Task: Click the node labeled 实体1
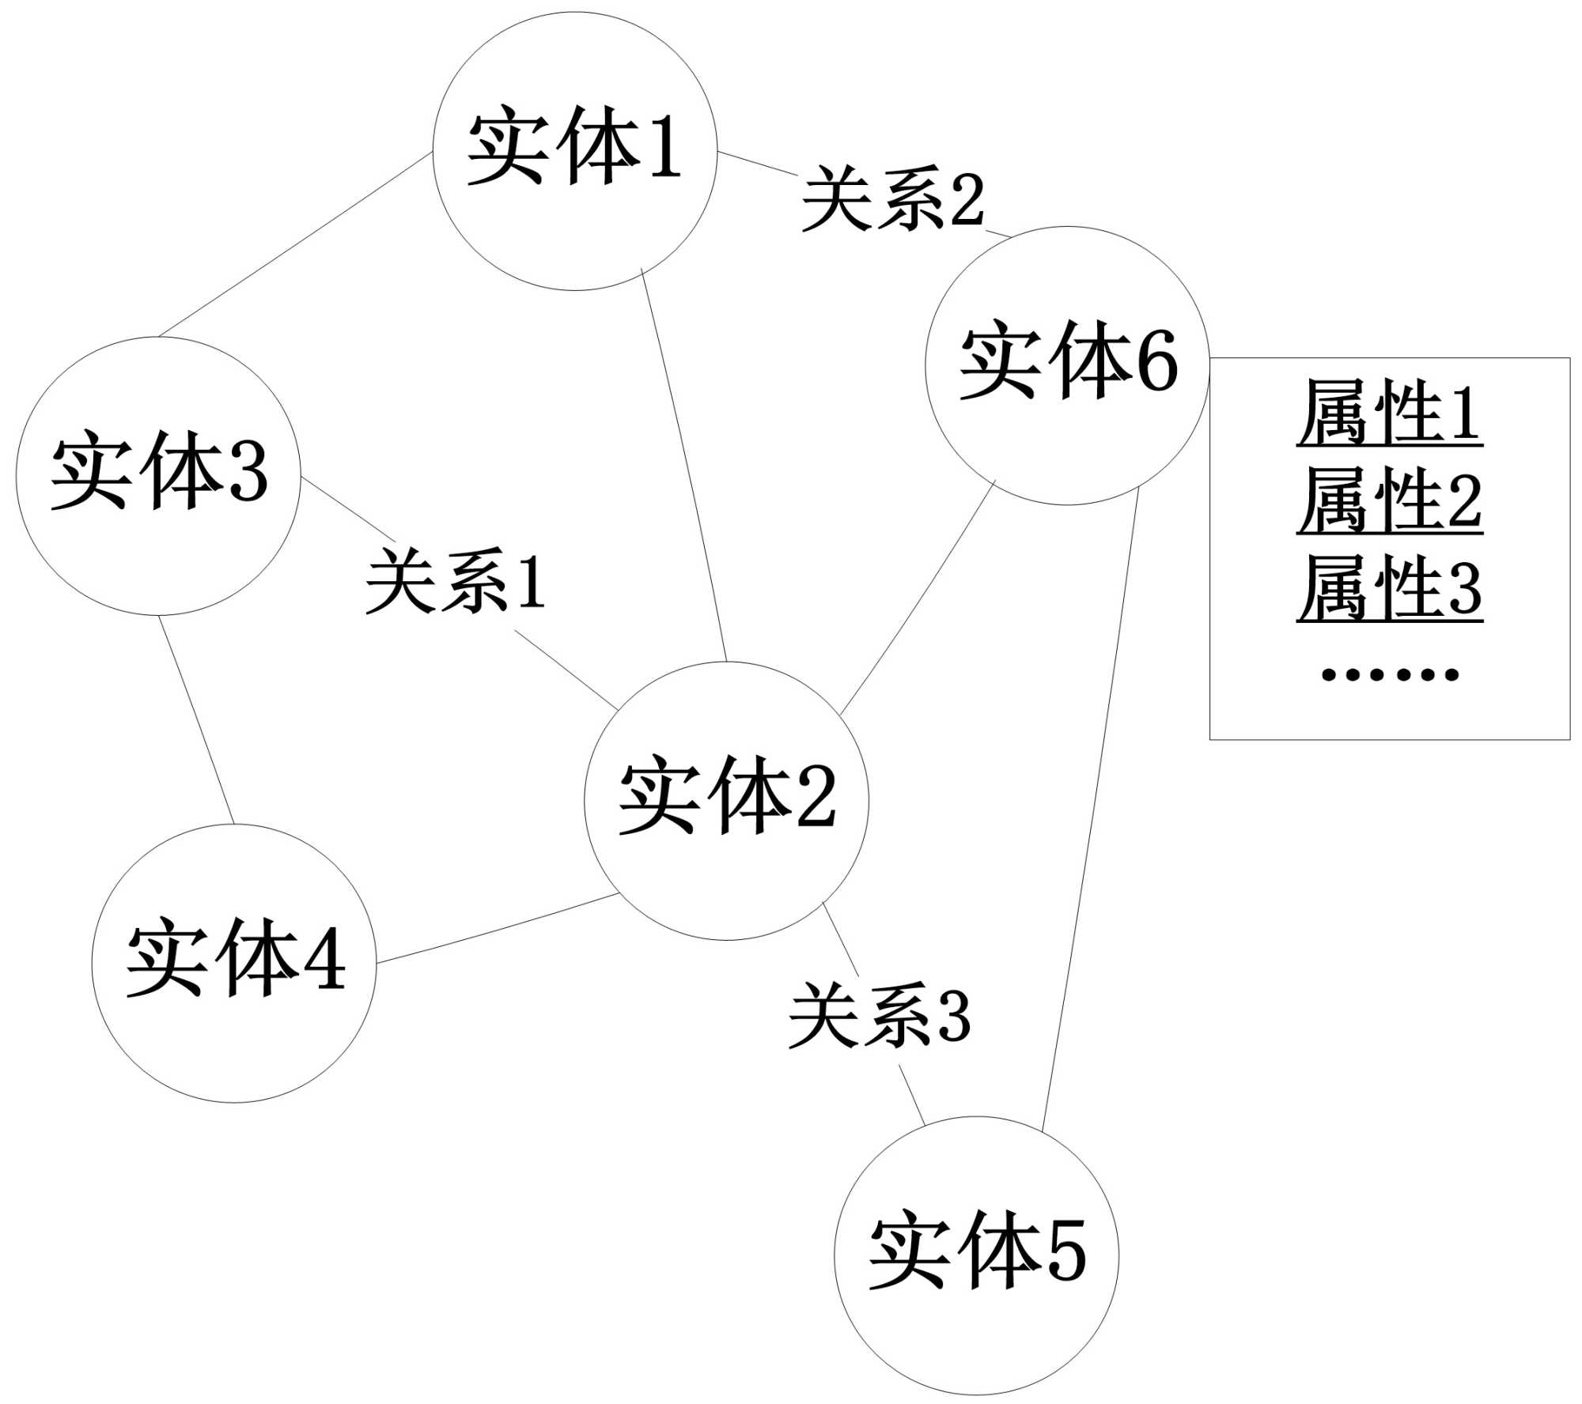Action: [575, 151]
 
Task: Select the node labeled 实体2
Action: [726, 801]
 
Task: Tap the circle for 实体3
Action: [158, 476]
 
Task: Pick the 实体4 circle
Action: [234, 963]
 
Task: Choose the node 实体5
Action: [976, 1255]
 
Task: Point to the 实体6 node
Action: [1067, 365]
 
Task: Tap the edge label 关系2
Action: [893, 198]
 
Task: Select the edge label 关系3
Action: [880, 1016]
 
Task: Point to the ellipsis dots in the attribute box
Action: [1390, 674]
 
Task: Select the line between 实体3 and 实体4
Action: [196, 719]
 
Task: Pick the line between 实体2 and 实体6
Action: [918, 598]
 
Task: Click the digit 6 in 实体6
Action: [1157, 362]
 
